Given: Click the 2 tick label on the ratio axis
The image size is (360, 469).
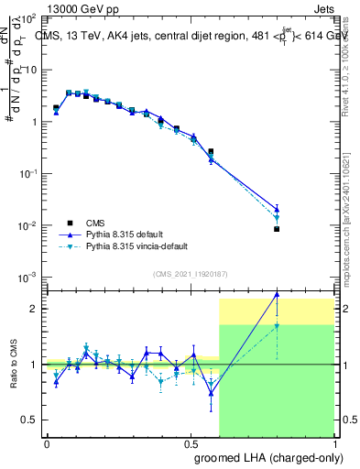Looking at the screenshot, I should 35,309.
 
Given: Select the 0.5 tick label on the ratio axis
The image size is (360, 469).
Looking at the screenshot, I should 31,420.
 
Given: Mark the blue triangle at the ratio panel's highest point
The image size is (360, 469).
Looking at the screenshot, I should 277,294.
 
